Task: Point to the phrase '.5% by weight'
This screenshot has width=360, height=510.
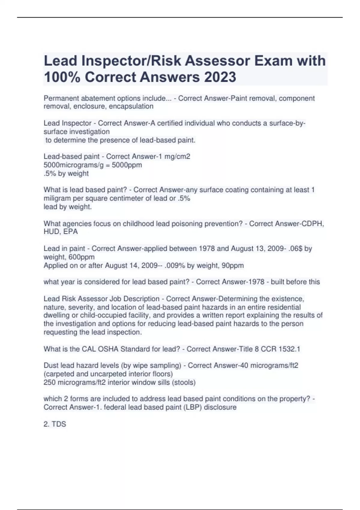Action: (66, 173)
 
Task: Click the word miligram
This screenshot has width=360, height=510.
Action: (57, 198)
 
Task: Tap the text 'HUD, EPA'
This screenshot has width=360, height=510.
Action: (61, 232)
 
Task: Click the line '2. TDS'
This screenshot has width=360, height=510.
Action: (55, 424)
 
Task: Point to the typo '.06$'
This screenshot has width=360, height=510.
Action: (296, 249)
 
